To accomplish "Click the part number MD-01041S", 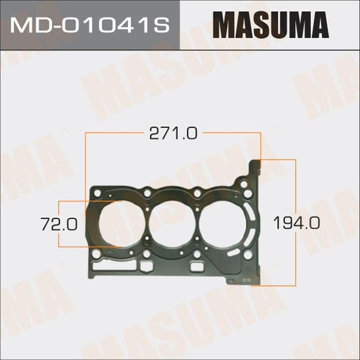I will point(89,25).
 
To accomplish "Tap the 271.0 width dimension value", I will point(173,133).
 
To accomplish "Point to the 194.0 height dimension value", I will point(296,223).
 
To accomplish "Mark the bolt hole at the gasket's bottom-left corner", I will point(96,254).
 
